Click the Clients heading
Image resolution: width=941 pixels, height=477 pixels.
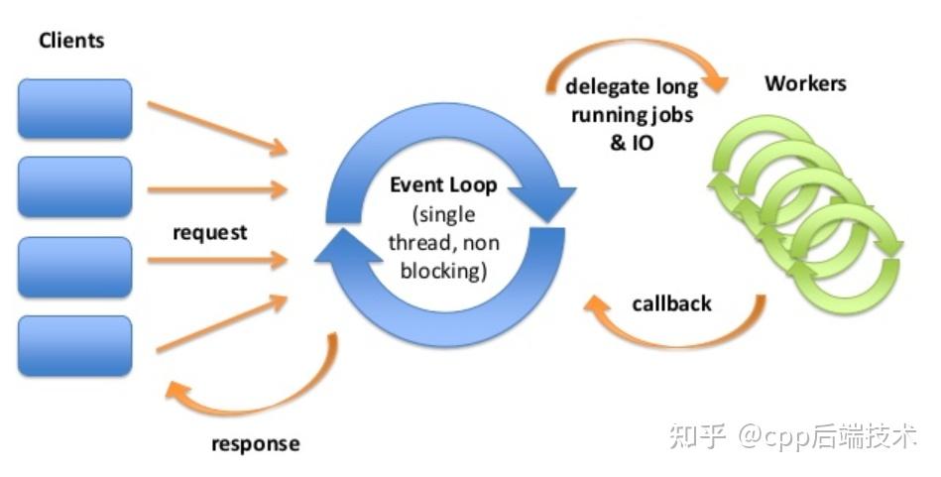71,41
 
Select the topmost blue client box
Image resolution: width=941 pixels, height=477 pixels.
75,109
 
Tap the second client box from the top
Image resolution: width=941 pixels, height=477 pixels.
75,186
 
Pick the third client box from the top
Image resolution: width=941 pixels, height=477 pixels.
75,267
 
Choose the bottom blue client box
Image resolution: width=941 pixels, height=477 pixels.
75,346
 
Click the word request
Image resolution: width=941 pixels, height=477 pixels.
210,233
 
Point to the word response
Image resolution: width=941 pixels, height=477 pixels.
256,444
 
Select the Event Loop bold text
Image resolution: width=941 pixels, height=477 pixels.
443,184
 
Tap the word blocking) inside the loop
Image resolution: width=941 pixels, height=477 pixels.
443,271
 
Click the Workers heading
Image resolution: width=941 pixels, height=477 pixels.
805,83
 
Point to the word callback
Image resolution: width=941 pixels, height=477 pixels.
671,303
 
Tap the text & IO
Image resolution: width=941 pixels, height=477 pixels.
632,143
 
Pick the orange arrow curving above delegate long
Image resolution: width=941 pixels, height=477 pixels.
637,44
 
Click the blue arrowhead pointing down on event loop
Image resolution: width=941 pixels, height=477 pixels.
543,203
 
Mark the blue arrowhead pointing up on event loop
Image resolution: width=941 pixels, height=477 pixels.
349,246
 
